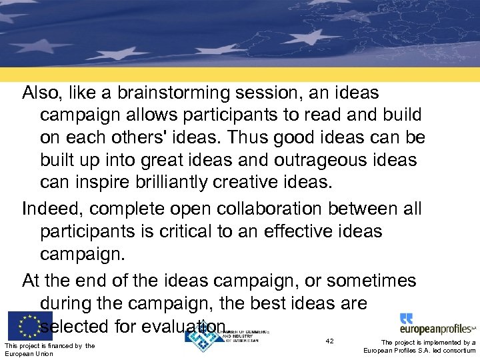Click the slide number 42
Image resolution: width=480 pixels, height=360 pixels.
point(329,341)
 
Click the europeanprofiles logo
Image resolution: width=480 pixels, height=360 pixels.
point(437,325)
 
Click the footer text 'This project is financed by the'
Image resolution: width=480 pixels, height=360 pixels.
point(49,345)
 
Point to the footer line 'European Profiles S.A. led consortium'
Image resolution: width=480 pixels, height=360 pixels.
point(419,351)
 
